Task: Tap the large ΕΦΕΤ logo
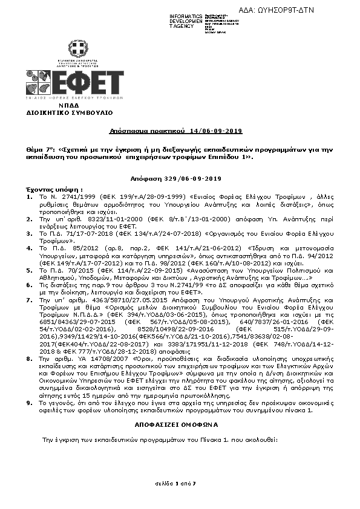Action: [75, 84]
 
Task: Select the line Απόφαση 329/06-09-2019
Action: [176, 179]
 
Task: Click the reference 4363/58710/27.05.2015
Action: [105, 299]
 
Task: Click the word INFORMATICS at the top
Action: [186, 15]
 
